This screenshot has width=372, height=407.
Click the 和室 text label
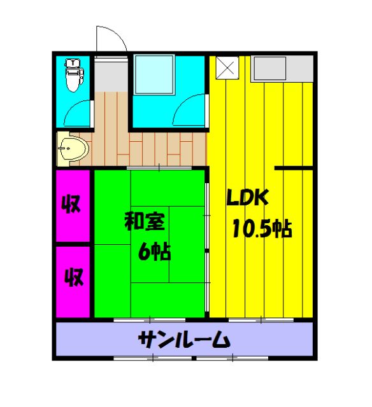tap(145, 222)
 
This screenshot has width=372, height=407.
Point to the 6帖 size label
tap(155, 252)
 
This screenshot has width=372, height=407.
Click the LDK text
tap(250, 198)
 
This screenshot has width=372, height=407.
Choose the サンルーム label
tap(184, 341)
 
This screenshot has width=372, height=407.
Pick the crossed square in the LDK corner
tap(227, 68)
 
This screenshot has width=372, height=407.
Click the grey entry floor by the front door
tap(111, 75)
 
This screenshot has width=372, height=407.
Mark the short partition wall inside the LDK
tap(293, 168)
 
